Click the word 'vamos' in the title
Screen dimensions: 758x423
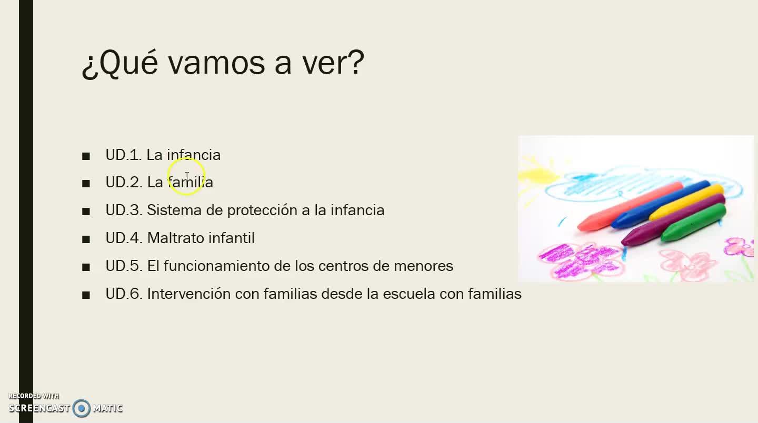pyautogui.click(x=216, y=63)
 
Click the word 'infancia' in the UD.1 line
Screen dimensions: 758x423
pyautogui.click(x=194, y=155)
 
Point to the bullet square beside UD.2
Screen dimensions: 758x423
pyautogui.click(x=86, y=184)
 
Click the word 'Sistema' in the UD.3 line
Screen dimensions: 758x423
pyautogui.click(x=174, y=210)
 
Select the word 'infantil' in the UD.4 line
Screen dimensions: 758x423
pyautogui.click(x=232, y=238)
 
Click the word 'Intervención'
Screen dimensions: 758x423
pyautogui.click(x=188, y=294)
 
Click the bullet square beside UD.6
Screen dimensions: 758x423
pyautogui.click(x=86, y=295)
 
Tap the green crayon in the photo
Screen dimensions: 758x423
pyautogui.click(x=693, y=223)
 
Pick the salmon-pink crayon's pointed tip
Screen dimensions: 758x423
pyautogui.click(x=579, y=228)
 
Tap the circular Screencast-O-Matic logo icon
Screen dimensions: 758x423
pyautogui.click(x=81, y=408)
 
